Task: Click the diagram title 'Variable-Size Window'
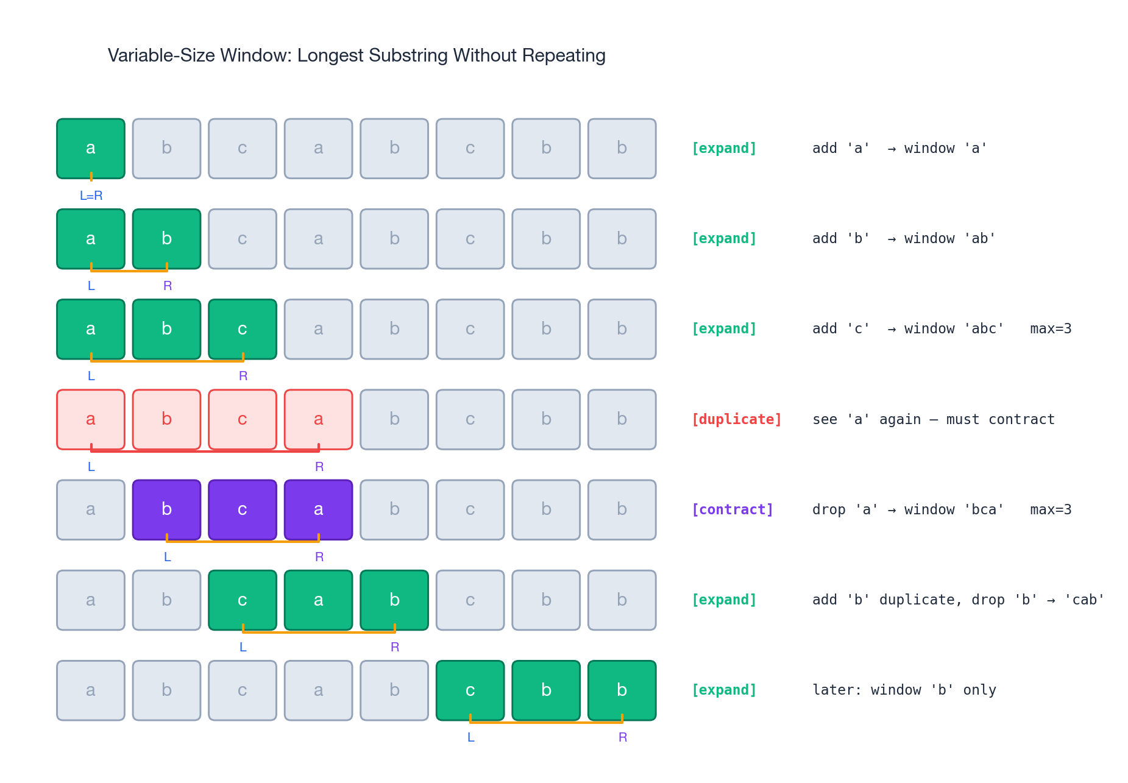[x=356, y=55]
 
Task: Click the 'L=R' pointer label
[x=91, y=196]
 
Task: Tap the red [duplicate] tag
[x=736, y=419]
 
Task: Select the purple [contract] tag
[x=732, y=509]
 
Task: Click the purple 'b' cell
[x=166, y=509]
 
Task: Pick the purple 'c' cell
[x=243, y=509]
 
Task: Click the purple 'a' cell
[x=318, y=509]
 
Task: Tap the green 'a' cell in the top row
[x=91, y=148]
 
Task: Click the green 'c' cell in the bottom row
[x=470, y=690]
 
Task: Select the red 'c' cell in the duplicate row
[x=243, y=419]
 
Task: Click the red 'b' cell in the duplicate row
[x=166, y=419]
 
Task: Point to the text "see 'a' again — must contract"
[x=933, y=419]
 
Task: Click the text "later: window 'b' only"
[x=904, y=690]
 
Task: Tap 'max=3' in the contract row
[x=1051, y=509]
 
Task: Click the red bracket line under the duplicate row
[x=205, y=452]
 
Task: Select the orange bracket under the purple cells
[x=243, y=541]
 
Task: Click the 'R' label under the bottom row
[x=622, y=737]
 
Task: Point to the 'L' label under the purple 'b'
[x=167, y=557]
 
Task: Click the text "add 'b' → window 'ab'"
[x=903, y=238]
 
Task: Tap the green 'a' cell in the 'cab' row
[x=318, y=600]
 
